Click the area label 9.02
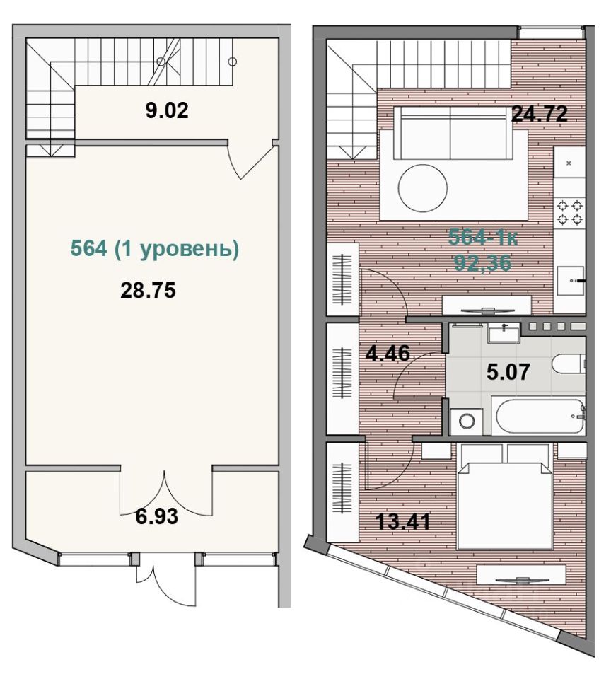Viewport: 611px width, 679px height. tap(167, 111)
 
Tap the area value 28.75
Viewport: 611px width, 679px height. tap(148, 291)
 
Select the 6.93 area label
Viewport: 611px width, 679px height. tap(157, 516)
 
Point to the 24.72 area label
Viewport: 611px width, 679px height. tap(540, 114)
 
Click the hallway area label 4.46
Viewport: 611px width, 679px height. tap(388, 354)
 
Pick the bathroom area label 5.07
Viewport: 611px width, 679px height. tap(508, 372)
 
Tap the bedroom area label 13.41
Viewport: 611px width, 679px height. tap(402, 521)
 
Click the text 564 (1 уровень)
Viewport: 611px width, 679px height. tap(155, 249)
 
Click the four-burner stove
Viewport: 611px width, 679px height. tap(569, 212)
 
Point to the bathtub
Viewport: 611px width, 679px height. tap(538, 417)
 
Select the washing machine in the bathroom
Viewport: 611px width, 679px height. tap(466, 422)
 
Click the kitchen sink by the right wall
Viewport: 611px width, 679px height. tap(569, 281)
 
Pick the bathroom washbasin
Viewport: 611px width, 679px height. tap(504, 332)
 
